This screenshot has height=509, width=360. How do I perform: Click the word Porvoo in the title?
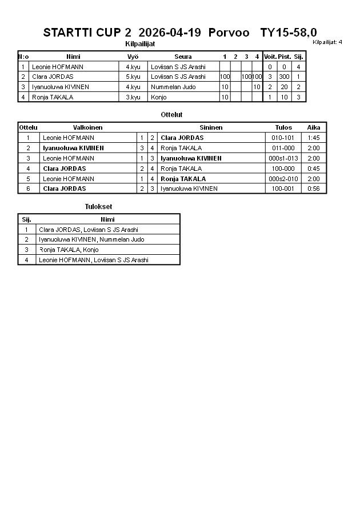tap(229, 33)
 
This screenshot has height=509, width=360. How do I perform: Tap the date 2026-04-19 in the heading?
tap(169, 33)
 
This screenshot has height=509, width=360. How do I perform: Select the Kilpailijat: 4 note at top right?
tap(327, 42)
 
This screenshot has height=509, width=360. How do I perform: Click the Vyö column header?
tap(133, 57)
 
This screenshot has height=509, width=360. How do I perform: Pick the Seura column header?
tap(183, 57)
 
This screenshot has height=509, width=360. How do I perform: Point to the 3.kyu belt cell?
tap(133, 97)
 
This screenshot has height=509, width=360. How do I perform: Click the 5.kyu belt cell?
tap(133, 77)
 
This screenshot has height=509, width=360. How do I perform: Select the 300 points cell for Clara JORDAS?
tap(284, 77)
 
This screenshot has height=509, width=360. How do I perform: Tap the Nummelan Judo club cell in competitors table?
tap(173, 87)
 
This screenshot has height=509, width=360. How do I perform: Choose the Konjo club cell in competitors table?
tap(159, 97)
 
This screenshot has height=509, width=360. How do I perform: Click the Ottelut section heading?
tap(171, 115)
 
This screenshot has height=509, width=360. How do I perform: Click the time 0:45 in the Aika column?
tap(313, 169)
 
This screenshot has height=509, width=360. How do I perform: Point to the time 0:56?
tap(313, 189)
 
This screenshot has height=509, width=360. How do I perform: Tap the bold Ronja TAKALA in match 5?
tap(183, 179)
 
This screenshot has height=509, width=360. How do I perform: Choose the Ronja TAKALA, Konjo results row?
tap(69, 250)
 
